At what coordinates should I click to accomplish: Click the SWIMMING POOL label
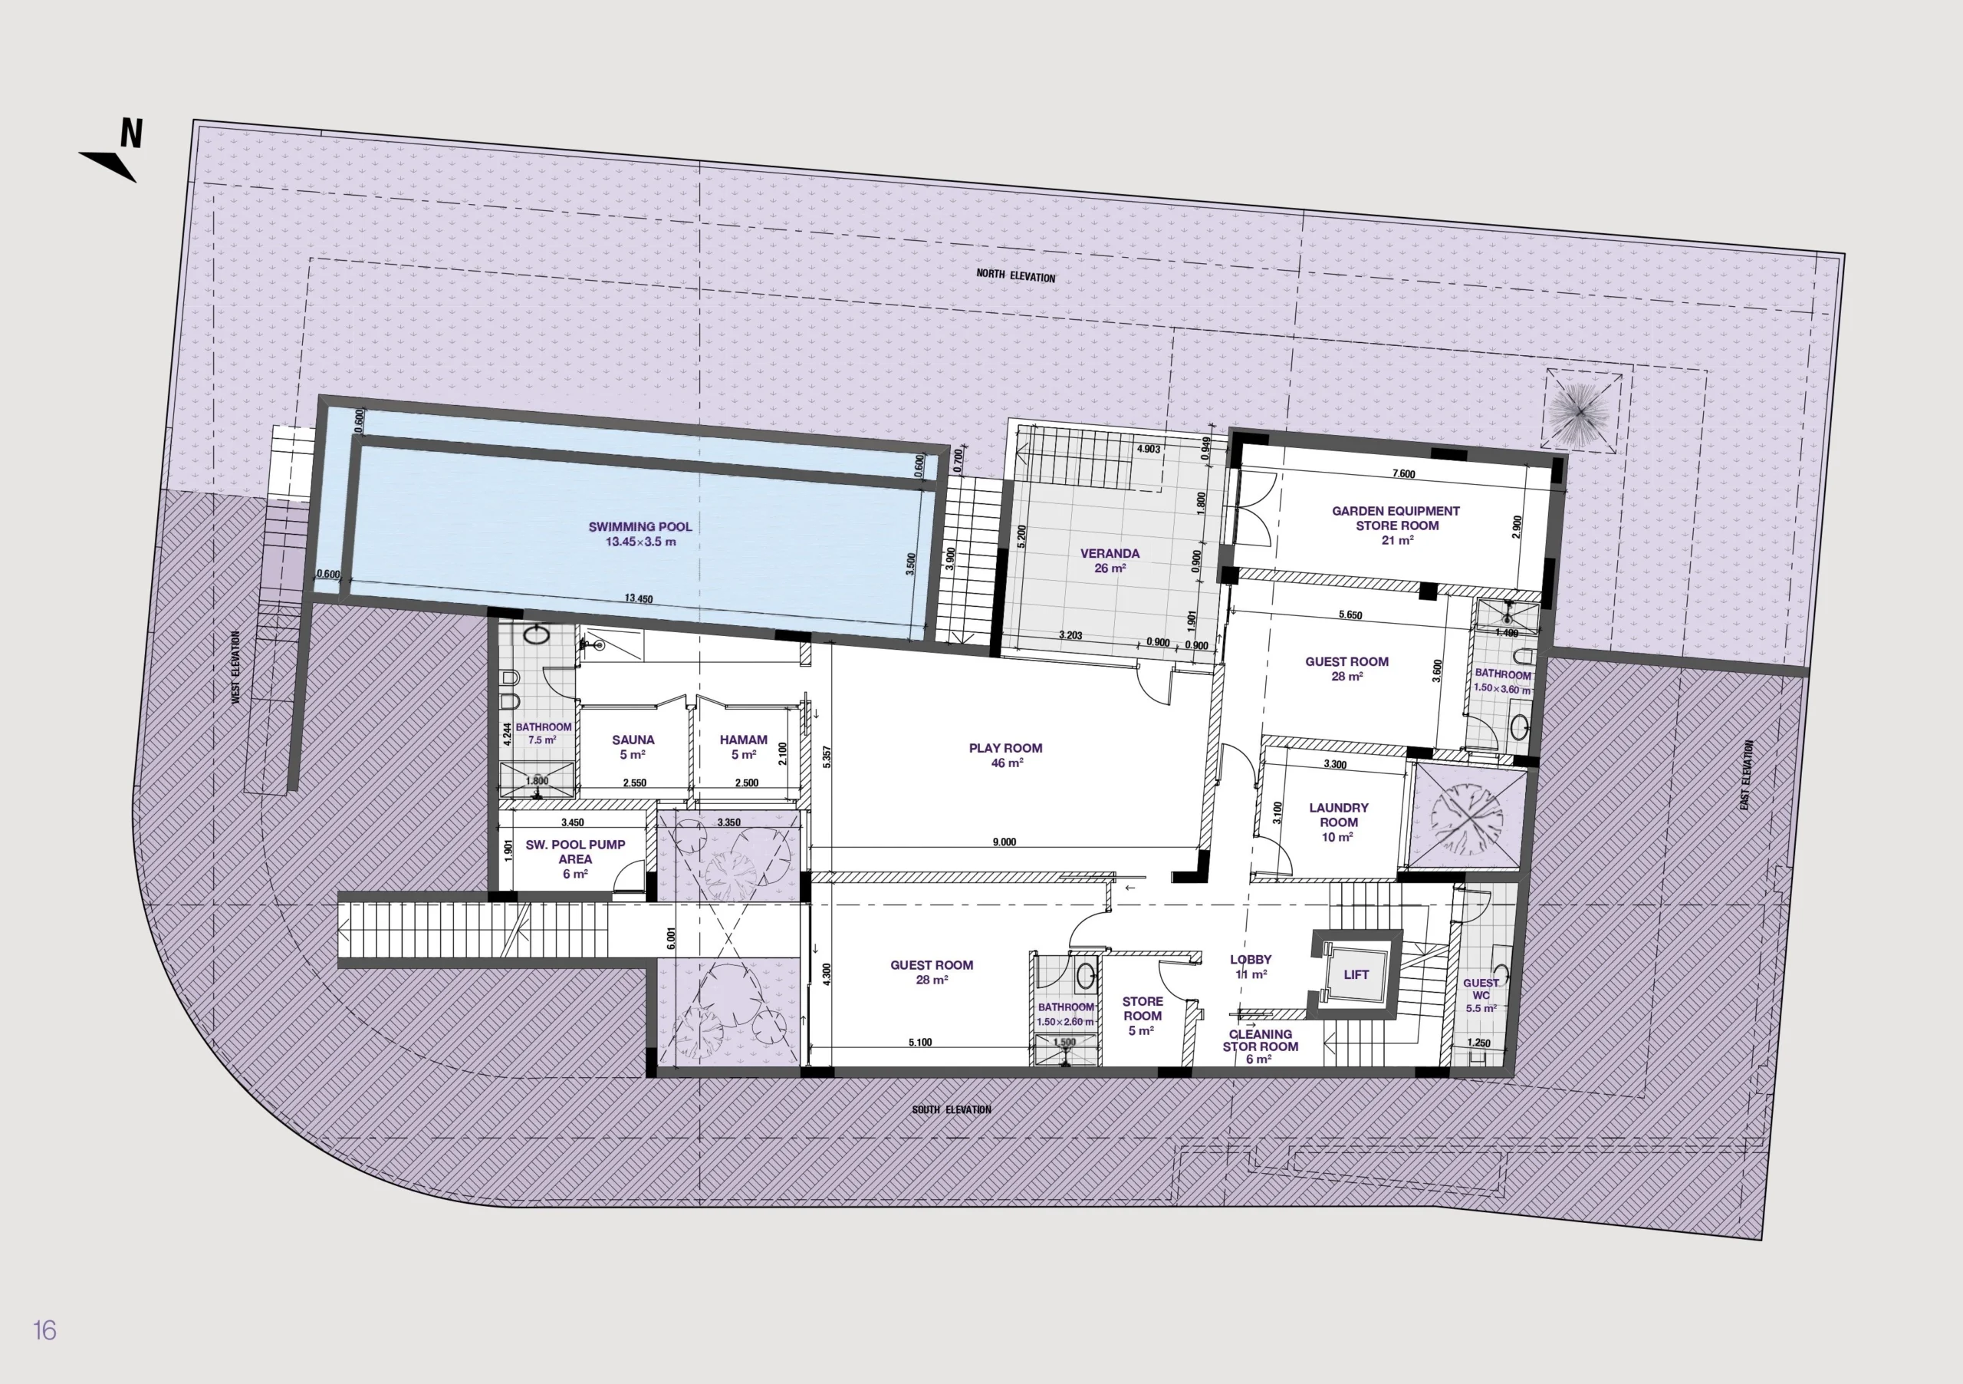click(x=640, y=527)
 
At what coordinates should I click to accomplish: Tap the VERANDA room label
click(x=1110, y=553)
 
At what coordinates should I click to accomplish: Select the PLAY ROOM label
click(x=1005, y=747)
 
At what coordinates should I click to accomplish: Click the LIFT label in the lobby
click(x=1356, y=974)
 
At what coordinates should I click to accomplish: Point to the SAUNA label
click(x=633, y=740)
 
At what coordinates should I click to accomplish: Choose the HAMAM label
click(x=743, y=740)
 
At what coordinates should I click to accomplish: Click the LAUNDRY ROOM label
click(x=1339, y=814)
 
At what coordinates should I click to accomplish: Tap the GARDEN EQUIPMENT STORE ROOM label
click(x=1396, y=519)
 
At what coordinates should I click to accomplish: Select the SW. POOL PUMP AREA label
click(x=575, y=852)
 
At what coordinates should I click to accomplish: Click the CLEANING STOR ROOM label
click(x=1260, y=1040)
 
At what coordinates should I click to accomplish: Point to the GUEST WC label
click(x=1481, y=989)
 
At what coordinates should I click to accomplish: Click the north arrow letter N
click(x=131, y=133)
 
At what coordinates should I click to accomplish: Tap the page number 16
click(x=44, y=1330)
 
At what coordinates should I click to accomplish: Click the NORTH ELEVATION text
click(x=1016, y=276)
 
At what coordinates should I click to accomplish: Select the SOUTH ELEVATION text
click(x=951, y=1109)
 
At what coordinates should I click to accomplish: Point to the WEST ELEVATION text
click(x=236, y=667)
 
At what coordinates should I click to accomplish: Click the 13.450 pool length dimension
click(x=639, y=598)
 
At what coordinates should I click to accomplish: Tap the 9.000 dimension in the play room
click(x=1005, y=842)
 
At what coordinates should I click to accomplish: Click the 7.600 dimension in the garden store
click(x=1404, y=474)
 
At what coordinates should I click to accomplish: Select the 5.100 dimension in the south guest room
click(x=920, y=1042)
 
